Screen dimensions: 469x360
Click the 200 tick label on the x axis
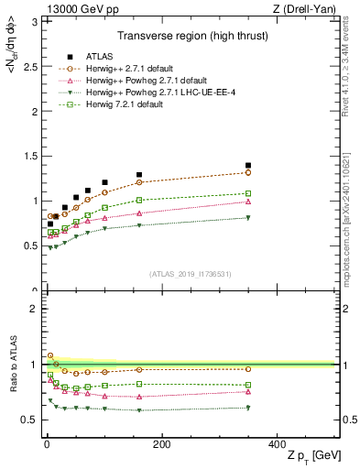161,445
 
